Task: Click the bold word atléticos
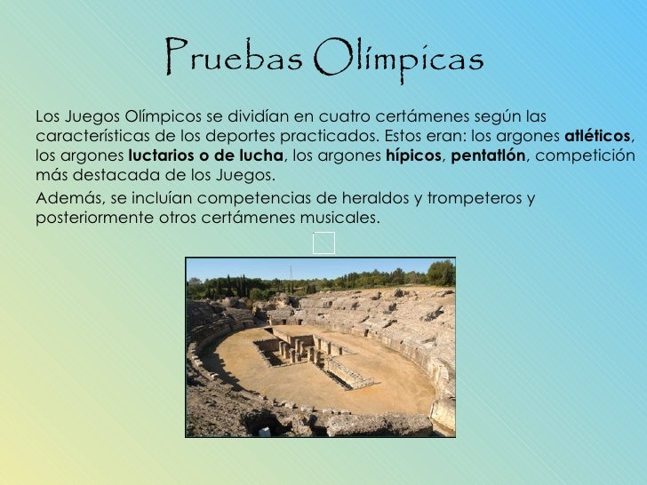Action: tap(597, 138)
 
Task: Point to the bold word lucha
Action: tap(265, 157)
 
